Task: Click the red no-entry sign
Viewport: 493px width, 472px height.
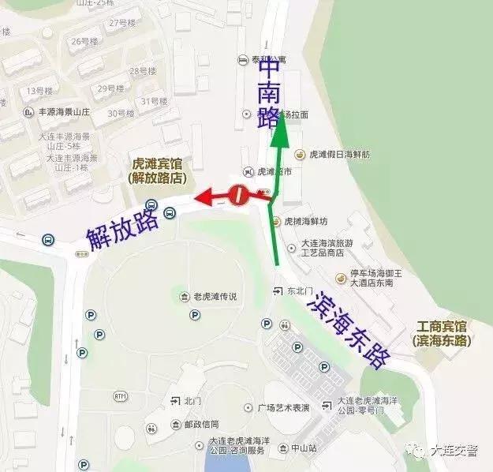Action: (x=238, y=194)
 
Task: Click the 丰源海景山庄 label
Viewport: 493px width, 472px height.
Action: (x=65, y=112)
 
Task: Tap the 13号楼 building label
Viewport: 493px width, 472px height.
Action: (x=39, y=91)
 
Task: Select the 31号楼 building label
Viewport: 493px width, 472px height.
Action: (x=154, y=101)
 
